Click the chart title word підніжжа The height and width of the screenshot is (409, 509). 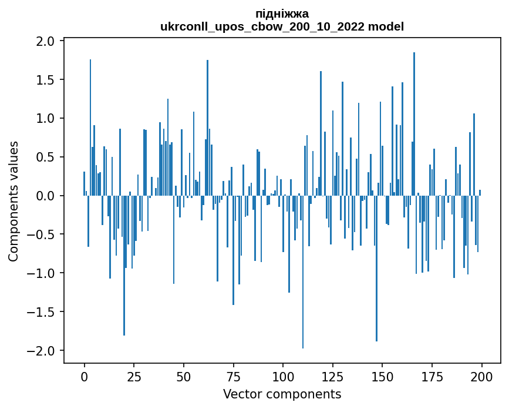tap(282, 14)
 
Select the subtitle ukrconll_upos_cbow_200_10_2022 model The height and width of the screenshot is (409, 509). tap(282, 26)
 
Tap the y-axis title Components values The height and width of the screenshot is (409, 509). tap(13, 201)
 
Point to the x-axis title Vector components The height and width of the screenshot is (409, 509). tap(282, 394)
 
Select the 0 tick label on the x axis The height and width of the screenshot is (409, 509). tap(84, 376)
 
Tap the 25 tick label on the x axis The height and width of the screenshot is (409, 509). tap(134, 376)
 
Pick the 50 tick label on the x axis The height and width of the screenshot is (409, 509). tap(184, 376)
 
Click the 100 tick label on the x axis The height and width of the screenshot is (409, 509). tap(283, 376)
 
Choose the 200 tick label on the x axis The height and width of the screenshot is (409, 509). tap(481, 376)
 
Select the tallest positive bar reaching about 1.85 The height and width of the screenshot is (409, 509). tap(414, 123)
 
